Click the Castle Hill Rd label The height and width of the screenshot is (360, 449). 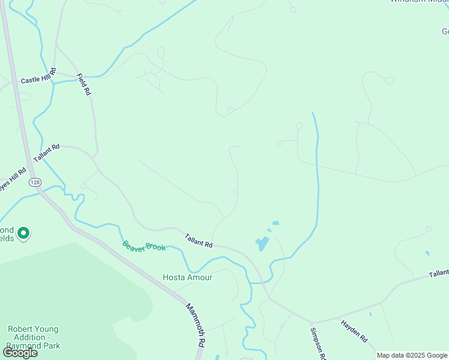tap(38, 76)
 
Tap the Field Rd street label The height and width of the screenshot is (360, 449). tap(83, 85)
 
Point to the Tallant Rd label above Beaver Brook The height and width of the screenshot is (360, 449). tap(198, 241)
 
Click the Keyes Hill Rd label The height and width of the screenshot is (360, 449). tap(12, 179)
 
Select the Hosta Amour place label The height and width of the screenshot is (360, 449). tap(187, 277)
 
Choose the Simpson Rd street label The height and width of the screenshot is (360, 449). tap(318, 344)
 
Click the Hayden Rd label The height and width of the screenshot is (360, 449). tap(354, 331)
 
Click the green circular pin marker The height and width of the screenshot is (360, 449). tap(23, 232)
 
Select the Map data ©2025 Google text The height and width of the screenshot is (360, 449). tap(412, 355)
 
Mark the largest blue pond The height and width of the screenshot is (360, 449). tap(262, 244)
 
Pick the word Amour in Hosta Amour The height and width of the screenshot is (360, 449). tap(199, 277)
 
